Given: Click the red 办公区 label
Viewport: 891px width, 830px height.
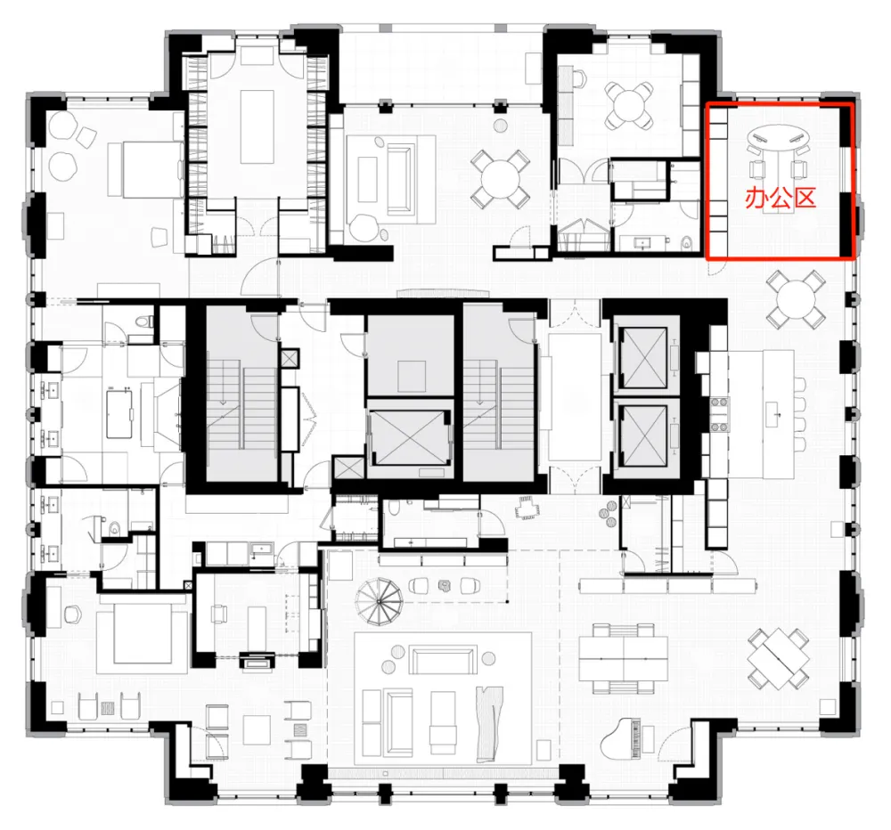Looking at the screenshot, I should click(x=781, y=198).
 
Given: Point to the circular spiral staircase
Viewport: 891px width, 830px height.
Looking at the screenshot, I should click(x=380, y=602).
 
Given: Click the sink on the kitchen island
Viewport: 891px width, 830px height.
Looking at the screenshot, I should click(x=772, y=411).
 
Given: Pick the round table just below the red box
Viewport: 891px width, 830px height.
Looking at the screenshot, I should click(x=796, y=297).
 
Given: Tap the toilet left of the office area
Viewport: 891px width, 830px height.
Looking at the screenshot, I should click(x=685, y=241).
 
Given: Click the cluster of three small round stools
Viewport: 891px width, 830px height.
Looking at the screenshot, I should click(x=609, y=512).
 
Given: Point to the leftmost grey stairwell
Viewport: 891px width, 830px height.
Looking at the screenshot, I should click(x=239, y=396).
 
